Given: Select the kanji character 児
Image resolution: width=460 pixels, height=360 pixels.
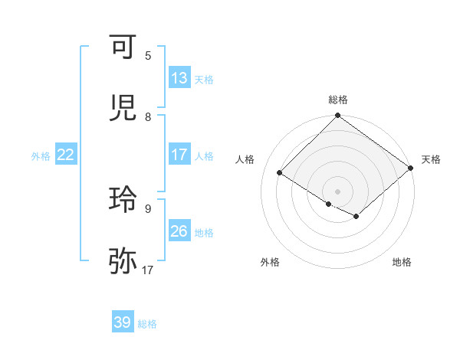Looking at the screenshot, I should click(123, 109).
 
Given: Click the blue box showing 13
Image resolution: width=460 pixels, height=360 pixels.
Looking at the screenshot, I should click(179, 78).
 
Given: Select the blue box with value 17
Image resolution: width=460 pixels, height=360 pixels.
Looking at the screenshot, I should click(179, 155).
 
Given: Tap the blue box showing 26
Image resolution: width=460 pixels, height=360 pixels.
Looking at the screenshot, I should click(179, 231).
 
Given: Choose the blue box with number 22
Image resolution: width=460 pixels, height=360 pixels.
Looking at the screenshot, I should click(66, 155).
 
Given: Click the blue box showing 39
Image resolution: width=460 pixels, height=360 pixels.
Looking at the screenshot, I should click(123, 322).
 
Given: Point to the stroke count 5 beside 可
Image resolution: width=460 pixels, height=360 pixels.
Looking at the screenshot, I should click(148, 56).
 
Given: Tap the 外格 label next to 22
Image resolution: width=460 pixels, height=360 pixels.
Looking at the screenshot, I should click(41, 155).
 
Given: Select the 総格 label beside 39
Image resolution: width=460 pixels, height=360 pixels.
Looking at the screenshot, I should click(147, 324).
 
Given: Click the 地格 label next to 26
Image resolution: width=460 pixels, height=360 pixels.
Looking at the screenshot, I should click(204, 232).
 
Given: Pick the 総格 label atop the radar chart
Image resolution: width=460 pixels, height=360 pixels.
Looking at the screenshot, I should click(338, 100).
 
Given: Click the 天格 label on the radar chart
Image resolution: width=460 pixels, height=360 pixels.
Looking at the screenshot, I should click(431, 159).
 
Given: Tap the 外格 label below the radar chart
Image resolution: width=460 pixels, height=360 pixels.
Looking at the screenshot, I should click(270, 262).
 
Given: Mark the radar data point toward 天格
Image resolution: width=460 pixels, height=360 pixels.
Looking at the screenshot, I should click(411, 169).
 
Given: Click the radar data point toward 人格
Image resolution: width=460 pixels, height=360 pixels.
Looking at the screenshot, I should click(280, 173).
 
